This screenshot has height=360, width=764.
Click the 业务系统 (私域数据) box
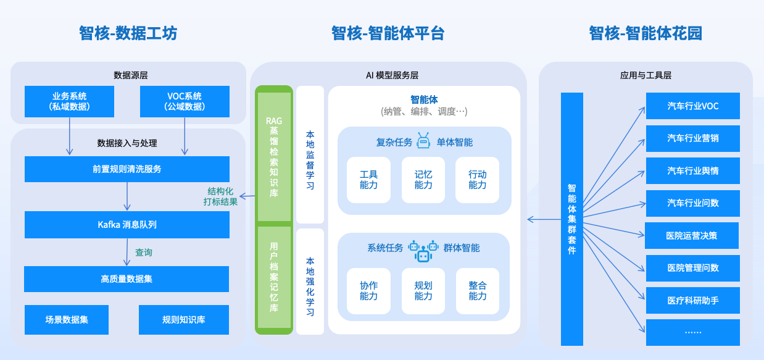click(69, 101)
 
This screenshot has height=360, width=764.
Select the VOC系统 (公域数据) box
click(185, 101)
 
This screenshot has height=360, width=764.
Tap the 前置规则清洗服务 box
click(127, 169)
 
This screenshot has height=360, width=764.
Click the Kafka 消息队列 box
click(127, 225)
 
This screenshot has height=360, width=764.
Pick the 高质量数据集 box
click(127, 279)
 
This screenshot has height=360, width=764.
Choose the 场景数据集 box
click(67, 320)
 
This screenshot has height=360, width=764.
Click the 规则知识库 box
click(183, 320)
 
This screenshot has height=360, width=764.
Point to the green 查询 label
click(144, 253)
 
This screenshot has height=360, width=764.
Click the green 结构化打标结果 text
click(220, 196)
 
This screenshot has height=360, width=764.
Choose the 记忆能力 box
click(423, 180)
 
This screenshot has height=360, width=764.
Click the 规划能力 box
click(423, 291)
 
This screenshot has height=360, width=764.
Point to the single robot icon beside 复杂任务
click(423, 141)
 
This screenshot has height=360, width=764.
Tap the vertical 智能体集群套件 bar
click(571, 219)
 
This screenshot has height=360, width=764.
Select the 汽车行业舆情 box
click(692, 170)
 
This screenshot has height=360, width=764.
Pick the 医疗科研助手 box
click(692, 301)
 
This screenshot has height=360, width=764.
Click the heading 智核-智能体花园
click(645, 33)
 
